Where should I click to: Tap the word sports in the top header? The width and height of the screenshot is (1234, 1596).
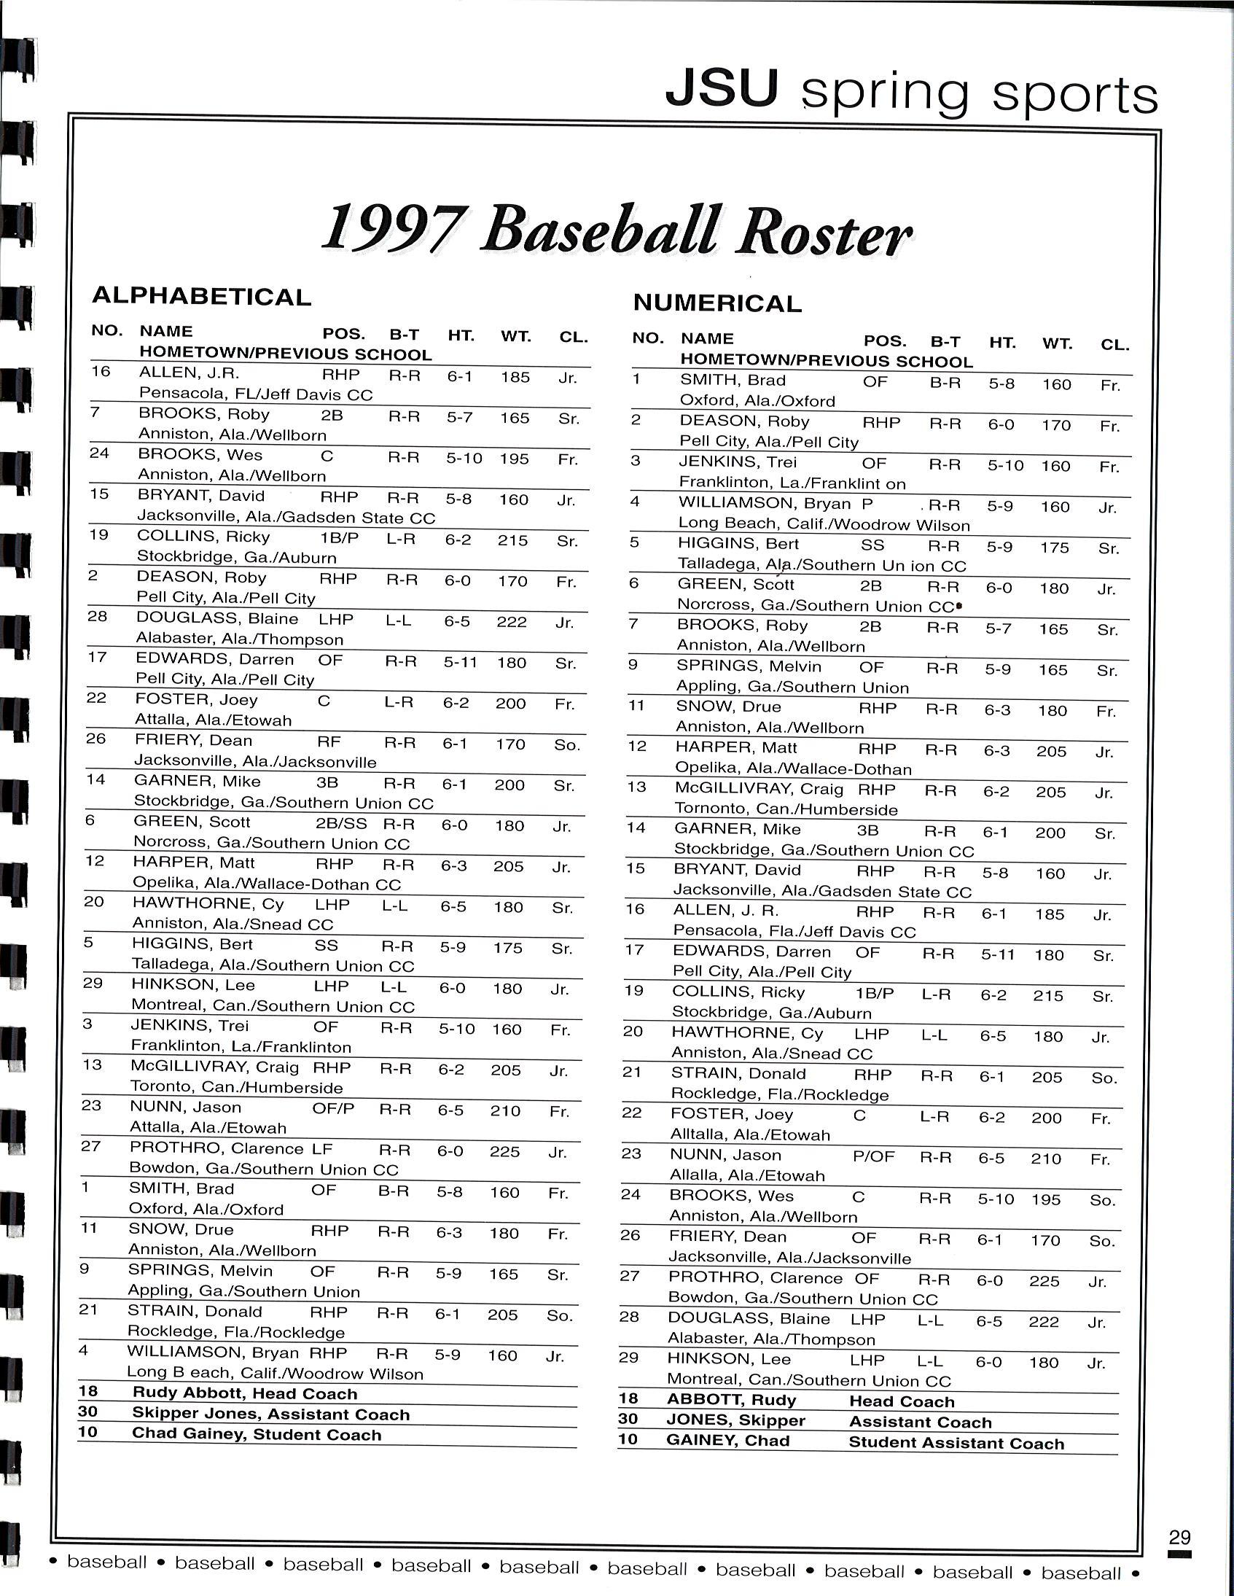point(1074,95)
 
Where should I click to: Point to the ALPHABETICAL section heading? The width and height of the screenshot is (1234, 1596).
point(202,297)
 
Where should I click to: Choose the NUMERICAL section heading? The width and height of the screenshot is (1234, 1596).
point(716,303)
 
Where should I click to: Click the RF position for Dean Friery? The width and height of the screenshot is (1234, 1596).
point(329,741)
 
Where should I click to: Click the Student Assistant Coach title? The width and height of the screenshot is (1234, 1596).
point(956,1444)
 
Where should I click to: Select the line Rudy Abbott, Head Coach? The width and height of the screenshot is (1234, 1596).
point(244,1393)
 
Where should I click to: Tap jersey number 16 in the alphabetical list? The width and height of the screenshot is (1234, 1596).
point(101,372)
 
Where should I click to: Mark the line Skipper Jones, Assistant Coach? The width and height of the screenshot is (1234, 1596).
point(270,1414)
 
